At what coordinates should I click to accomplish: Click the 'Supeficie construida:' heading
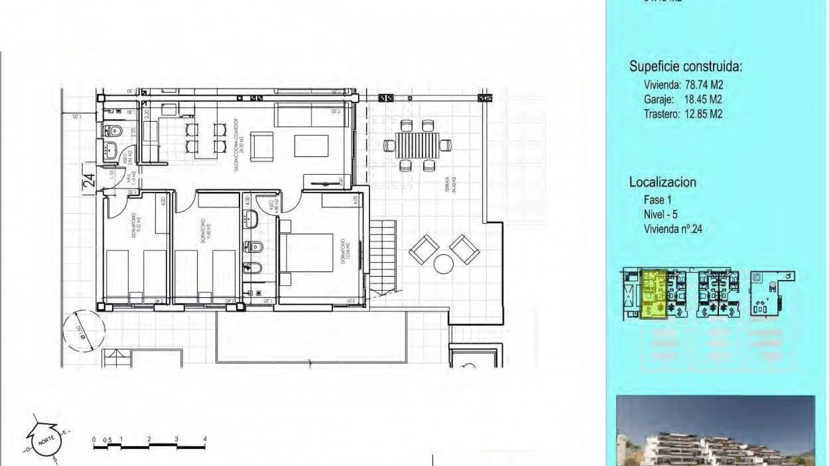(x=685, y=66)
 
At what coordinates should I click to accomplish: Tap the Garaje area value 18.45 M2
(x=703, y=99)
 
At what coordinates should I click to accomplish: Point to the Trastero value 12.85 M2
(x=703, y=114)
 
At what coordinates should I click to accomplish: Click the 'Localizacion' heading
(x=662, y=182)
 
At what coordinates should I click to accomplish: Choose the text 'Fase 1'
(x=658, y=200)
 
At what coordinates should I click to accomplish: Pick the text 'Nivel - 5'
(x=661, y=214)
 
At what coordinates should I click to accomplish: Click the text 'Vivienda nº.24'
(x=673, y=229)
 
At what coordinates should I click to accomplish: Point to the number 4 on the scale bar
(x=205, y=439)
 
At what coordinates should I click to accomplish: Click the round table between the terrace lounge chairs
(x=443, y=264)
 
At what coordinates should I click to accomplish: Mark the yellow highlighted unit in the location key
(x=654, y=294)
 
